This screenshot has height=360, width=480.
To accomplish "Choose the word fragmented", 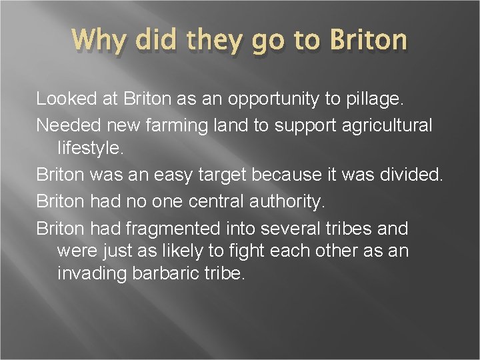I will point(176,229).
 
